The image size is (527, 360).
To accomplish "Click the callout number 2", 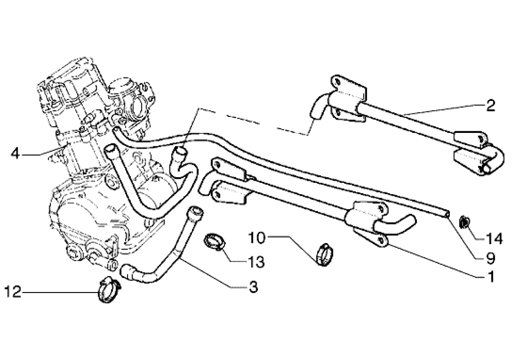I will pos(490,106).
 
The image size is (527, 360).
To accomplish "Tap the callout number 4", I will pos(15,153).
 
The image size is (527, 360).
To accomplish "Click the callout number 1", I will pos(490,277).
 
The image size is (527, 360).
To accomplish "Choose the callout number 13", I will pos(256,262).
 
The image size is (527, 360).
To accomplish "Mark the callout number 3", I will pos(253,287).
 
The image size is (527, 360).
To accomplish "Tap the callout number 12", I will pos(13,292).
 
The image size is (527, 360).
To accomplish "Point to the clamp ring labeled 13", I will pos(215,241).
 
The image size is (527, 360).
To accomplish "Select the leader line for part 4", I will pos(41,153).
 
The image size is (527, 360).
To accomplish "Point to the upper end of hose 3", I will pos(195,211).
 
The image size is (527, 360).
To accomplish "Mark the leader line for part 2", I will pos(443,109).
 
